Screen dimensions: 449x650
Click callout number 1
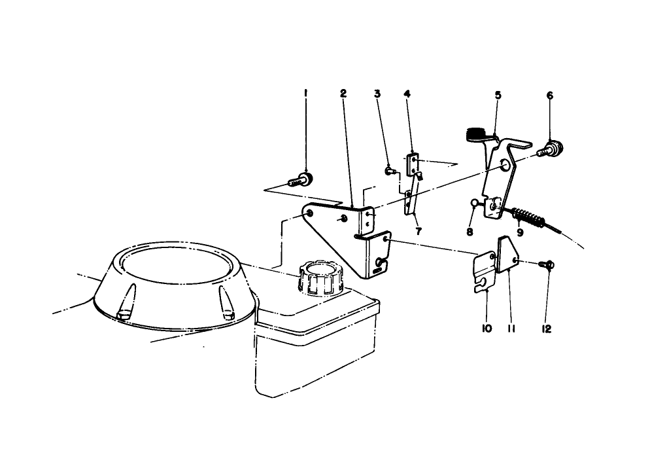pos(305,94)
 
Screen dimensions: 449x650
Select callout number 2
pos(343,94)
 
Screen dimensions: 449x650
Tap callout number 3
pos(377,94)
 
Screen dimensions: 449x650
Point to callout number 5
pos(498,96)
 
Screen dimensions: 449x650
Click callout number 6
pos(549,96)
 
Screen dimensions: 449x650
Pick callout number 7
pos(418,230)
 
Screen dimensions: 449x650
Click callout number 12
pos(547,329)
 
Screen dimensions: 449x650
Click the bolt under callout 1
pos(301,179)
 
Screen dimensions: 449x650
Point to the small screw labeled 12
pos(547,264)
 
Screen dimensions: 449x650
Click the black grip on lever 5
pos(476,134)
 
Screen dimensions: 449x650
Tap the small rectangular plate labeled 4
pos(413,165)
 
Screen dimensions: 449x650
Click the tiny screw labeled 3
pos(389,171)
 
